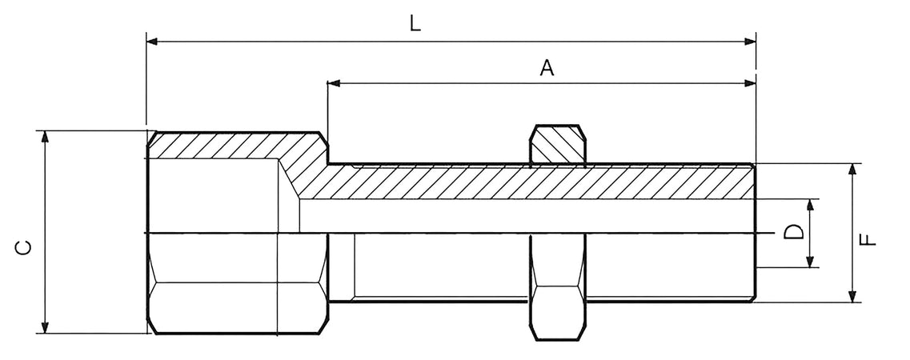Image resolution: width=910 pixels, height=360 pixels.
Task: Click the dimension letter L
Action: point(415,23)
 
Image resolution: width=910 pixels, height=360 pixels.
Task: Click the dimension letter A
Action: point(547,67)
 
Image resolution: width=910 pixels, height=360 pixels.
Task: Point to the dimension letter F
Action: point(868,239)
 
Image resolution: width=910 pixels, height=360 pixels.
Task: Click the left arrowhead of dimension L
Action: point(152,41)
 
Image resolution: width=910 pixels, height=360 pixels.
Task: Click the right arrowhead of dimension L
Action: point(750,41)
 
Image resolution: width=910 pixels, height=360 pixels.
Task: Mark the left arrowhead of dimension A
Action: point(334,83)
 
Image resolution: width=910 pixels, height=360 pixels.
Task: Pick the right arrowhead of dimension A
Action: point(750,83)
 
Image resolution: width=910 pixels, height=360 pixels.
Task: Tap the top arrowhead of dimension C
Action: point(45,137)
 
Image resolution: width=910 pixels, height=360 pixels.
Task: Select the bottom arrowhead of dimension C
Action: point(45,327)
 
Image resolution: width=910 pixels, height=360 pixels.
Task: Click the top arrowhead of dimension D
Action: point(810,206)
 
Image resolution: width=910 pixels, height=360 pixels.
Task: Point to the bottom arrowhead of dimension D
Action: point(810,261)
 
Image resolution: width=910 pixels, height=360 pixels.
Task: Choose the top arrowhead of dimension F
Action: point(852,170)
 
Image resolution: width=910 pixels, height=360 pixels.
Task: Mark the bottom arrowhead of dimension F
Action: point(852,296)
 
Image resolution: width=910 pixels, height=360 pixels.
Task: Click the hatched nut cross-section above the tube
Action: point(557,144)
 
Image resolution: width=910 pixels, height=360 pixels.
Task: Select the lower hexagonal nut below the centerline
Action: point(557,287)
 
